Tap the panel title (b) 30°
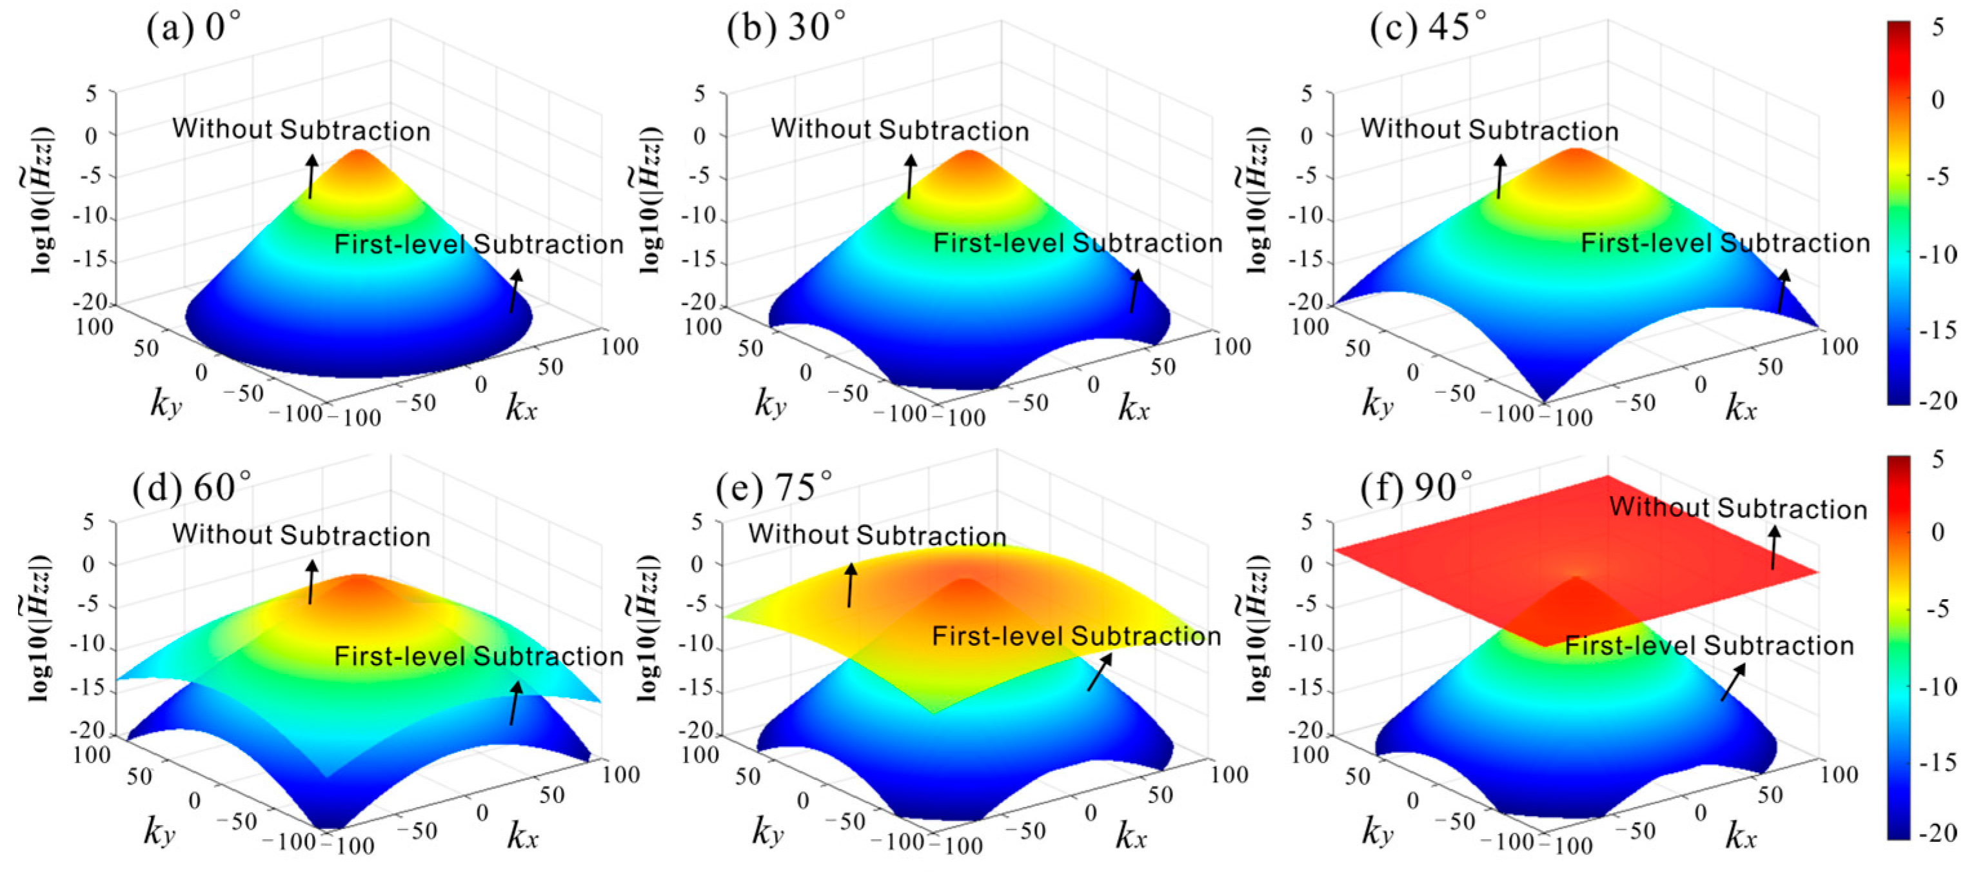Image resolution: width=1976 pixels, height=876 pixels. tap(785, 28)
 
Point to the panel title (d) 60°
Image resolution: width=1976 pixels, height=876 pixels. tap(192, 487)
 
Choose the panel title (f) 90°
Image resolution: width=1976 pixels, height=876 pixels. tap(1416, 487)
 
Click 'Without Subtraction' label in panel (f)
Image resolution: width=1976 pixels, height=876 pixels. tap(1737, 508)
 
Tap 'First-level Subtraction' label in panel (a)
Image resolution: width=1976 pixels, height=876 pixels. tap(479, 244)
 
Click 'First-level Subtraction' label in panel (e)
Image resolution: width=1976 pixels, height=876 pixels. tap(1076, 636)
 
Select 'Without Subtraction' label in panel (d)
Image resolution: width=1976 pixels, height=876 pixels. tap(301, 535)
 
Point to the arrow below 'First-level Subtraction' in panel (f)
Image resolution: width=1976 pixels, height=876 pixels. tap(1733, 682)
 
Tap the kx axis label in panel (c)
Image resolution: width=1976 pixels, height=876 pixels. tap(1741, 407)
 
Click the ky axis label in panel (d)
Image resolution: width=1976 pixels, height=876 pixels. tap(159, 831)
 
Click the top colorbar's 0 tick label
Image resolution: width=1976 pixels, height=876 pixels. tap(1937, 100)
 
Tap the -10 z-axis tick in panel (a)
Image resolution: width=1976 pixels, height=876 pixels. tap(90, 217)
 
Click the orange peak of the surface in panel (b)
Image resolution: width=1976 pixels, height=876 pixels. tap(969, 161)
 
